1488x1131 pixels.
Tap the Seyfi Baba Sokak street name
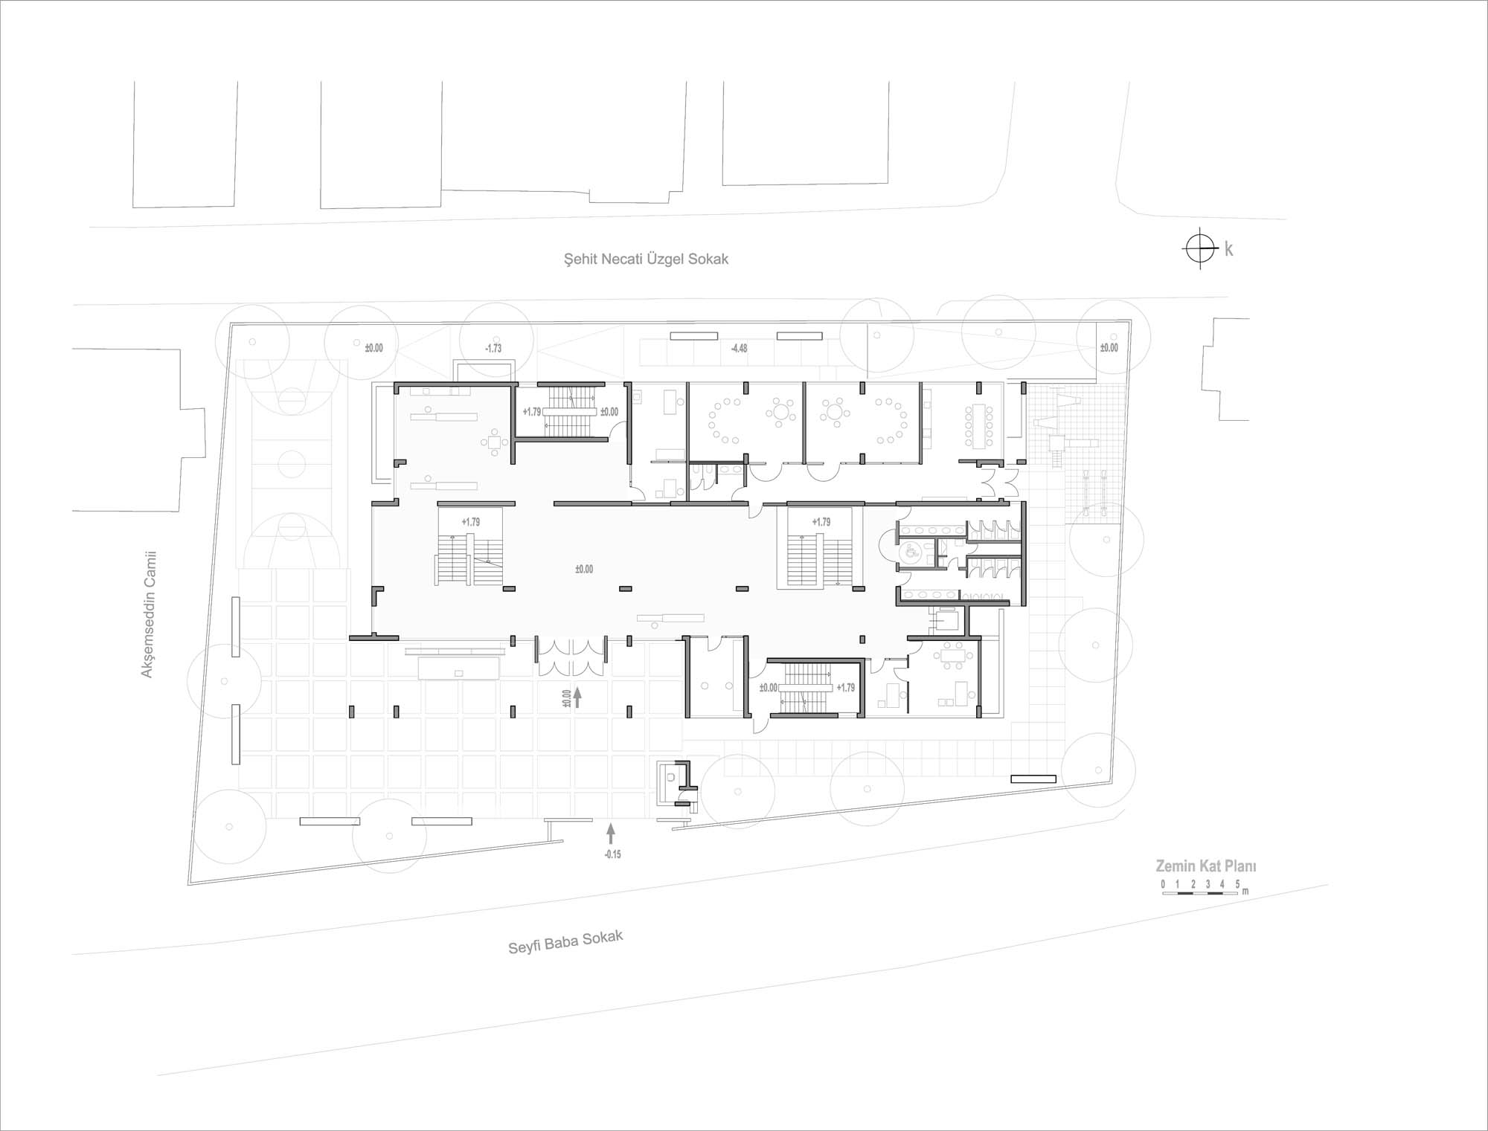click(565, 942)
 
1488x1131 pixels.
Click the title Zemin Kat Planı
click(1205, 866)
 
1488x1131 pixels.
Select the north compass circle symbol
click(1199, 248)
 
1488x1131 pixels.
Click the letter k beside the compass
click(1228, 249)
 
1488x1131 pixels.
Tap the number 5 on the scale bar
click(1237, 884)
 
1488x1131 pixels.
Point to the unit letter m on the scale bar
click(1245, 891)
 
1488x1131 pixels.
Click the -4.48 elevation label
click(739, 348)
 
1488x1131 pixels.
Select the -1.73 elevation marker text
click(493, 348)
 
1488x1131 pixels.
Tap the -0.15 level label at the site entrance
click(612, 854)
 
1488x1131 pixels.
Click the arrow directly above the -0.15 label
click(612, 831)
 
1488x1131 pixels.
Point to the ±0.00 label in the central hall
click(584, 569)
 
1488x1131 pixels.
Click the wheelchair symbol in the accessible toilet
click(908, 552)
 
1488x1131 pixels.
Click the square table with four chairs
click(496, 444)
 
